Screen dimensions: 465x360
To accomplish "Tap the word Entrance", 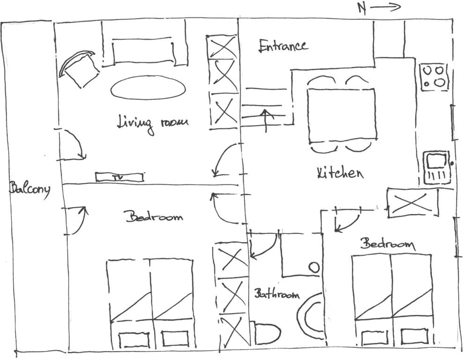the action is click(x=283, y=46).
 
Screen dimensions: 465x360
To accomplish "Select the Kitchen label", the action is click(x=340, y=173).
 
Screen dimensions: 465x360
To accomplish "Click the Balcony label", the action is click(x=30, y=189).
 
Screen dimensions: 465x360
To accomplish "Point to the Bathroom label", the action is click(x=277, y=294).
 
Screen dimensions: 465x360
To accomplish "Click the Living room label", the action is click(x=153, y=123).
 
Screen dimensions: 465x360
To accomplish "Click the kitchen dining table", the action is click(x=342, y=115).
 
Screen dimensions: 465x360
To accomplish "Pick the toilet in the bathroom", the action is click(x=266, y=333).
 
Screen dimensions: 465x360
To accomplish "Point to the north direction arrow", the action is click(x=385, y=7).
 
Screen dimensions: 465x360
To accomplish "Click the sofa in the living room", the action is click(x=144, y=45).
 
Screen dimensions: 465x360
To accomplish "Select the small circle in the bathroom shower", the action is click(x=314, y=267).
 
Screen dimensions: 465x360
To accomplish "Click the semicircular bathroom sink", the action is click(x=310, y=315).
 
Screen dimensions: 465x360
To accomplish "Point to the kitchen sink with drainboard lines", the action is click(x=436, y=168).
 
